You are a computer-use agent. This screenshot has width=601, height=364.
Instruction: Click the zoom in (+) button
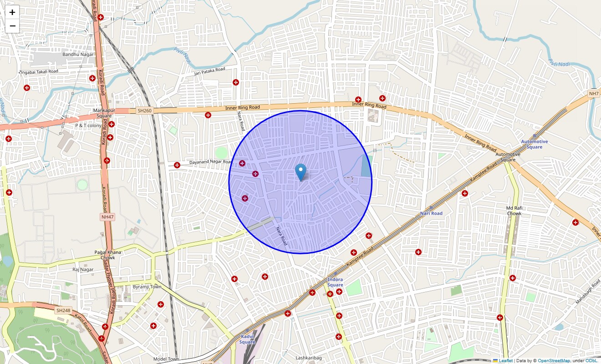point(12,12)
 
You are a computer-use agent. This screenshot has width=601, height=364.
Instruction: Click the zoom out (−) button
point(12,26)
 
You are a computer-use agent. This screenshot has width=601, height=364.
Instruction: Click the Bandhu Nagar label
point(78,55)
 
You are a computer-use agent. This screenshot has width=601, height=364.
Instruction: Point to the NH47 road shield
point(108,217)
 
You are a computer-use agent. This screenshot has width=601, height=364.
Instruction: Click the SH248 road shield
point(63,310)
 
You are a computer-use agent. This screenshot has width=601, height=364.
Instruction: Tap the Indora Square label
point(335,282)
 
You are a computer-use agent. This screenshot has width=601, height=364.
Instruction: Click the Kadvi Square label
point(247,339)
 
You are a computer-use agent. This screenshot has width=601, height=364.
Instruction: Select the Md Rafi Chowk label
point(514,211)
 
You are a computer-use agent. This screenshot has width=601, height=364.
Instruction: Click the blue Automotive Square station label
point(535,144)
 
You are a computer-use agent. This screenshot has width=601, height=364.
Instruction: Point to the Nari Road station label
point(431,213)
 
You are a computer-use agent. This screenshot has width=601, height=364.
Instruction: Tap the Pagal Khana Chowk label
point(108,255)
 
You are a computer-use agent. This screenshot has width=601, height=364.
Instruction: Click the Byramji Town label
point(147,287)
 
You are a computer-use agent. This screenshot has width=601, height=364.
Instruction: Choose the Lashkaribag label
point(308,358)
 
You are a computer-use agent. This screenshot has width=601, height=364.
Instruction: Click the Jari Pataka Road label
point(209,71)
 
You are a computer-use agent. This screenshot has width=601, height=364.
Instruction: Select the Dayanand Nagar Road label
point(204,162)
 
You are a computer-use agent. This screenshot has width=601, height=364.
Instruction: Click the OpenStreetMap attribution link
point(554,361)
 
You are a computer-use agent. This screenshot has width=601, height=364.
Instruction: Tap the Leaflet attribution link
point(505,361)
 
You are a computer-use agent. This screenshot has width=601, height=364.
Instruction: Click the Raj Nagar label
point(83,270)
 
